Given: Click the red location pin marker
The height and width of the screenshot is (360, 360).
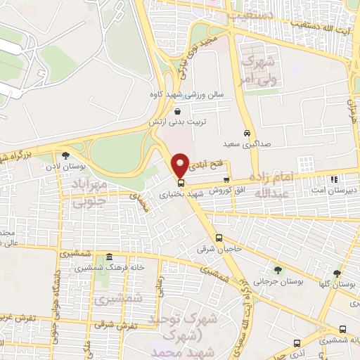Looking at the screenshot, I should pos(181,165).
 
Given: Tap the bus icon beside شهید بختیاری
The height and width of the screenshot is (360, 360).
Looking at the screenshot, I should pos(181,183).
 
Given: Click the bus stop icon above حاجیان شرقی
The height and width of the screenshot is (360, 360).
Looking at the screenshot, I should pos(219,238).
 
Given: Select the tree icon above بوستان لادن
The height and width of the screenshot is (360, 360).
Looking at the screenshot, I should pos(65,155).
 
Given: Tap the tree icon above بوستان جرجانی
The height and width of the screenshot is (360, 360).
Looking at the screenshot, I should pos(278,269).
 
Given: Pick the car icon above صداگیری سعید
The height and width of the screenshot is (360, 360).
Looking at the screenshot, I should pos(247,134).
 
